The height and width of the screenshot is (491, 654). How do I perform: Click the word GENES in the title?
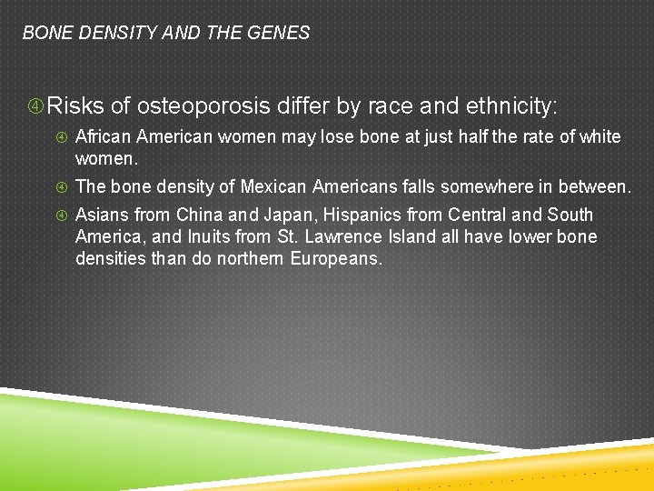pos(282,34)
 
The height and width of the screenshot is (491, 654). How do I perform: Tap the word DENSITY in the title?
pos(108,34)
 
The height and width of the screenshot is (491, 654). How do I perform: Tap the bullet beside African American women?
pos(61,138)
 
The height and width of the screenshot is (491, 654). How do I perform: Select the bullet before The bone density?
pos(61,188)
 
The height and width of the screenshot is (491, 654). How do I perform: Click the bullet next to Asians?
pos(61,216)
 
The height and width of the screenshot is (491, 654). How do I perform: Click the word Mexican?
pos(271,187)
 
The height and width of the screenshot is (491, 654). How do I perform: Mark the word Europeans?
pos(337,259)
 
